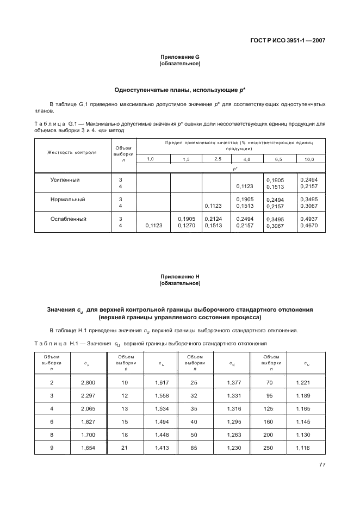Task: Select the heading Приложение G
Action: pyautogui.click(x=180, y=57)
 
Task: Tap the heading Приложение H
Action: pyautogui.click(x=180, y=276)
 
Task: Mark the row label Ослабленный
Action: pyautogui.click(x=69, y=219)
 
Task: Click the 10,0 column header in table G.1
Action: pyautogui.click(x=309, y=159)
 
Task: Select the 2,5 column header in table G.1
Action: pyautogui.click(x=218, y=159)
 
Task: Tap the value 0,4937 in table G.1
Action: pyautogui.click(x=309, y=219)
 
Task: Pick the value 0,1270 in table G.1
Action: pyautogui.click(x=187, y=226)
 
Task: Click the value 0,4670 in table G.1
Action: pyautogui.click(x=309, y=226)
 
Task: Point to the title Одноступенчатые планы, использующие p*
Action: pyautogui.click(x=180, y=90)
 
